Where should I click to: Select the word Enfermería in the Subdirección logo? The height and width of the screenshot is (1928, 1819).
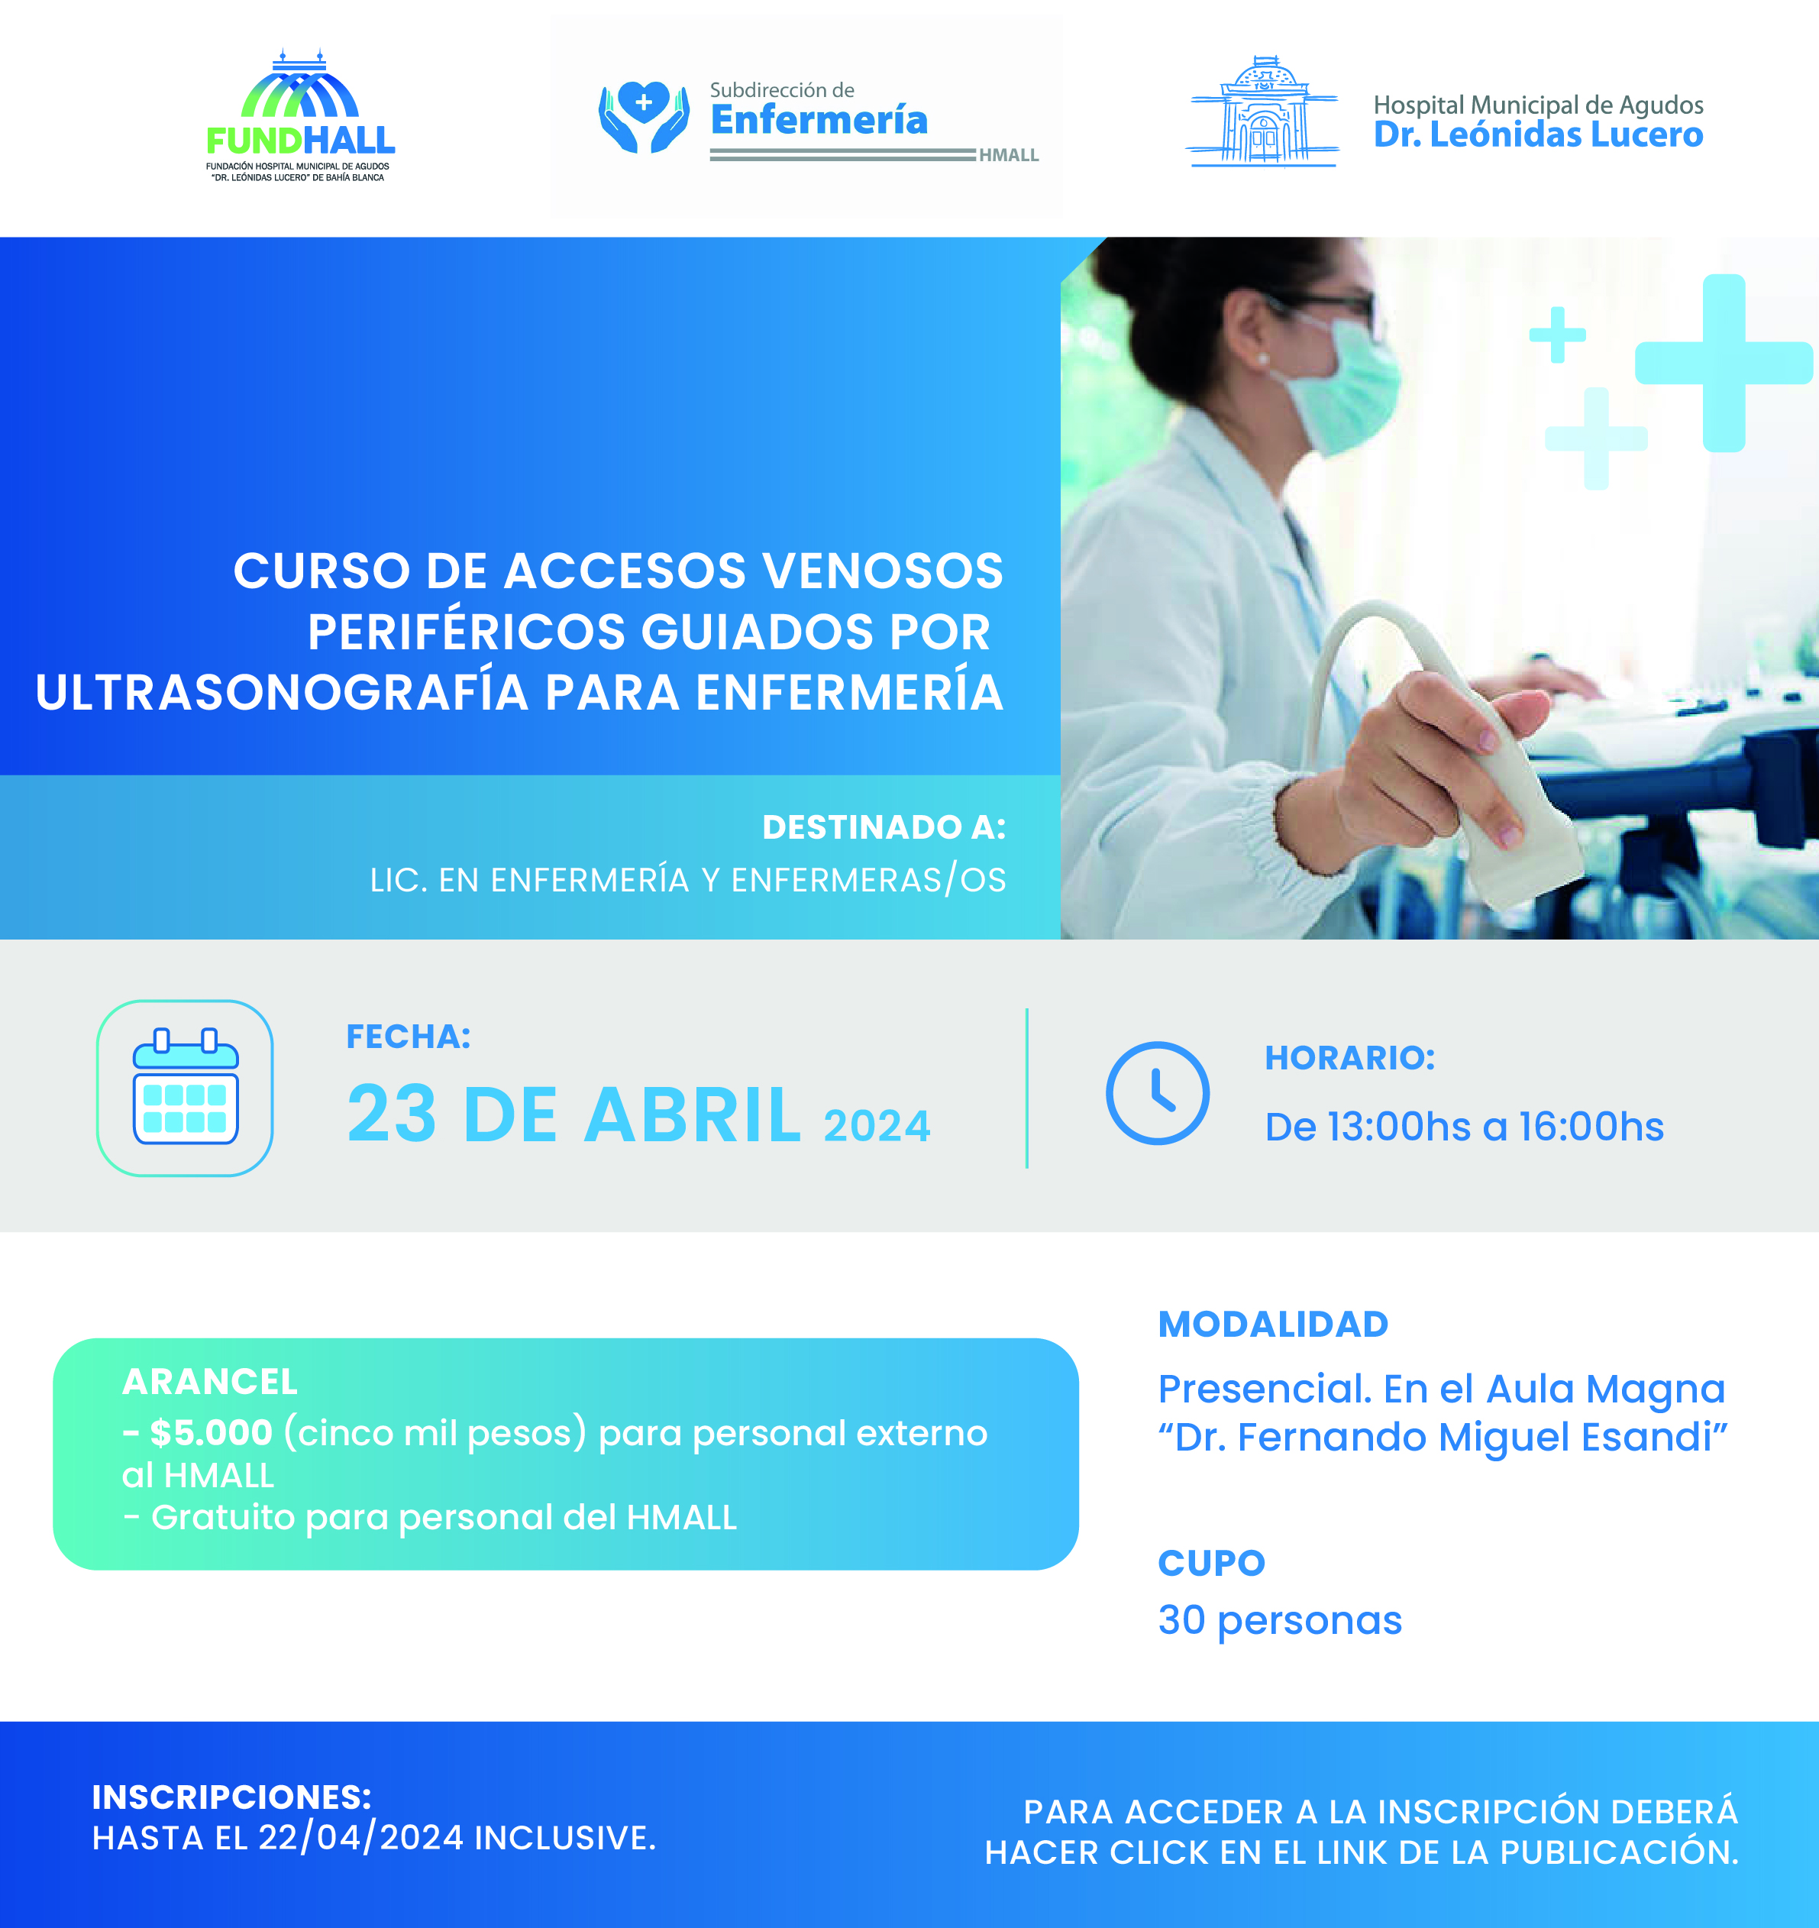(x=819, y=119)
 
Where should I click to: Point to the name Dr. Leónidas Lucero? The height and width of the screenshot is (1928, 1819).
(x=1538, y=134)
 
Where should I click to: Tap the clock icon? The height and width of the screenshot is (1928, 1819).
(x=1158, y=1093)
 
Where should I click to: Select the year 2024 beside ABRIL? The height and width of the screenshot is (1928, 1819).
(x=877, y=1126)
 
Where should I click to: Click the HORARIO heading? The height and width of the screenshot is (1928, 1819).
(x=1349, y=1057)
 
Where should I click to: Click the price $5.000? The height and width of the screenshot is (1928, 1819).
(x=212, y=1432)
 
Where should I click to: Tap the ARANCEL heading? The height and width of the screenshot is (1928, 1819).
(x=209, y=1381)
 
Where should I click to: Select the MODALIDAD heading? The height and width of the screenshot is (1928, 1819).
(x=1273, y=1324)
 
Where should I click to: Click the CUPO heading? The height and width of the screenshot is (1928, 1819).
(x=1212, y=1562)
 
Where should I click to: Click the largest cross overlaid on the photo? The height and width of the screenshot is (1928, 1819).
(x=1723, y=363)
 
